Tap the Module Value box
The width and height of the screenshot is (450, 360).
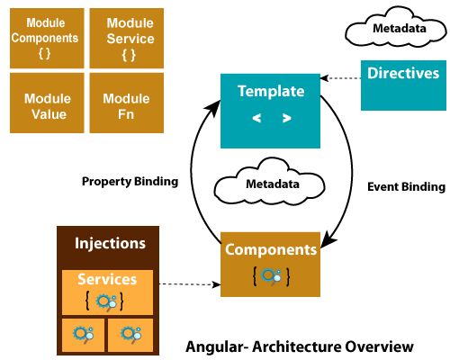(45, 104)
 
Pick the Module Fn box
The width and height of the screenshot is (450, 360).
(126, 104)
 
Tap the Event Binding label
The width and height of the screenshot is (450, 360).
(407, 187)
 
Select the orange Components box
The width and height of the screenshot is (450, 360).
(271, 263)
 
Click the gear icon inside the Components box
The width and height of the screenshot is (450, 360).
(271, 277)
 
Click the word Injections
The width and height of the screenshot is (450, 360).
(110, 243)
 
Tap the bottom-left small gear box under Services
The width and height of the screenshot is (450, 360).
(82, 334)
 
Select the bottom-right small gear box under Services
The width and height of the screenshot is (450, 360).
(131, 334)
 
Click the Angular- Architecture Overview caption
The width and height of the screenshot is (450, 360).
(299, 346)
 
